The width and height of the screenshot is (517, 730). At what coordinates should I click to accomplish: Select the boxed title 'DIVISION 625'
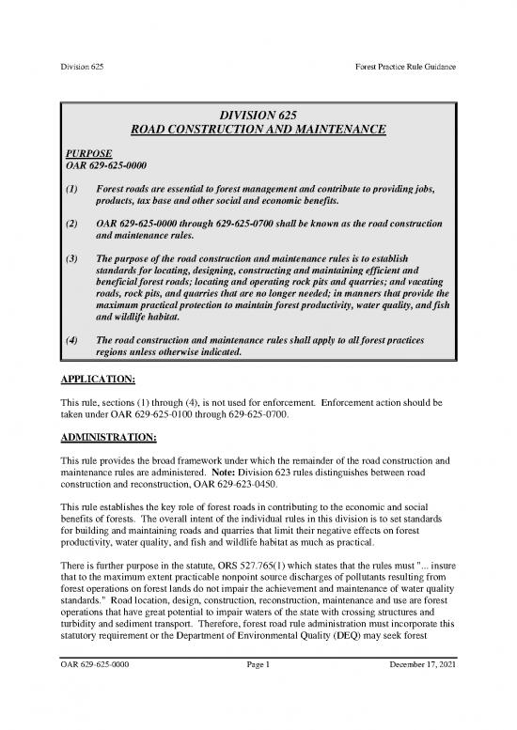tap(259, 116)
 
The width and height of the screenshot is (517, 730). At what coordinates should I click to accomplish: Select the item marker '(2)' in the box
tap(70, 225)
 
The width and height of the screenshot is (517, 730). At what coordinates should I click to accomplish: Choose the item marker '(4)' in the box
tap(70, 341)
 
